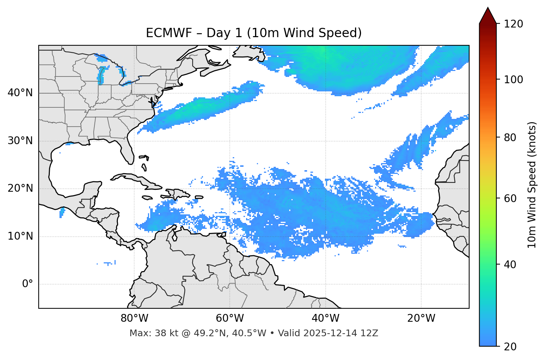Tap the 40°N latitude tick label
tap(20, 93)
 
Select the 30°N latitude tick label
tap(20, 141)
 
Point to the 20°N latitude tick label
tap(20, 188)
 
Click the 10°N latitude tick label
tap(20, 236)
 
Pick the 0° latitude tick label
tap(28, 284)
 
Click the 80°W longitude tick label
tap(134, 318)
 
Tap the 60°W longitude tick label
tap(230, 318)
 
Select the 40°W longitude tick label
tap(325, 318)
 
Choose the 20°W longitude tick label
tap(421, 318)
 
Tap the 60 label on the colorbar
tap(510, 198)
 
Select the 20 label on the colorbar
tap(510, 347)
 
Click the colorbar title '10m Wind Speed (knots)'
tap(532, 185)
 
